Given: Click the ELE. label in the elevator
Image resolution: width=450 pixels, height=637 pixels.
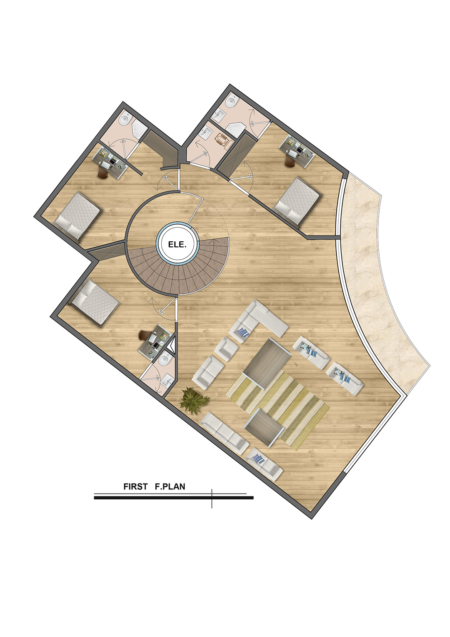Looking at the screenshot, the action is pos(177,245).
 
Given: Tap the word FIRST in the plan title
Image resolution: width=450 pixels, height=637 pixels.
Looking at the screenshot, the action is pos(135,486).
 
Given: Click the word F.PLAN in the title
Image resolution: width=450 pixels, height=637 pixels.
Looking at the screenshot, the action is pos(170,486).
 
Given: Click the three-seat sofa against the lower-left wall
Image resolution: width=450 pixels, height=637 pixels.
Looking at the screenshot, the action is pos(224,434).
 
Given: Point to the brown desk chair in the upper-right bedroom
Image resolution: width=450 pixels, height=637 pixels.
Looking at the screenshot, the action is pos(290,162).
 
